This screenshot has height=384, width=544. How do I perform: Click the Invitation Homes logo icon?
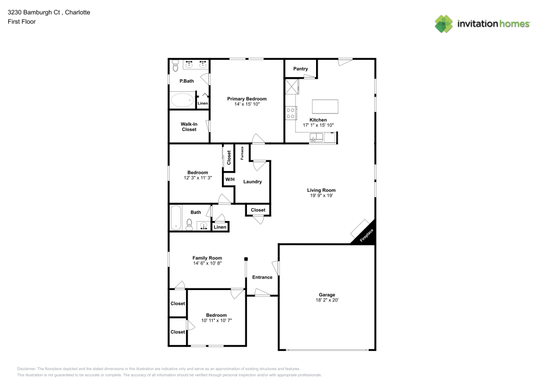point(443,23)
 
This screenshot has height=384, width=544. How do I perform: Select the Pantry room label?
point(300,68)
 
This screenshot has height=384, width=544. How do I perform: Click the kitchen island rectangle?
point(325,105)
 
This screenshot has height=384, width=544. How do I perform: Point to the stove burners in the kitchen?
point(290,113)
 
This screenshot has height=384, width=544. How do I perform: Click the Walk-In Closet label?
point(189,127)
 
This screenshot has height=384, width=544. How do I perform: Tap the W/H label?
point(229,179)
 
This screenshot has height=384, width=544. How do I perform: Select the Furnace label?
point(242,154)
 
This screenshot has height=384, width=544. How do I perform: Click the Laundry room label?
point(252,181)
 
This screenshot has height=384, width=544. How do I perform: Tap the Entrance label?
point(262,277)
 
